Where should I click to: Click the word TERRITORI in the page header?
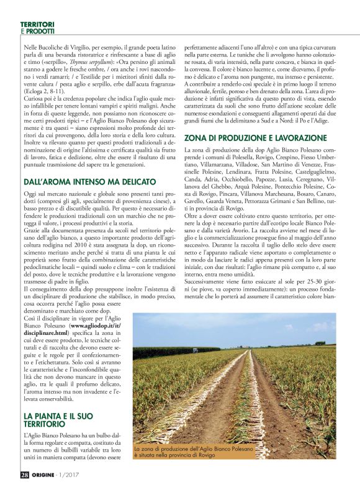tap(37, 23)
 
